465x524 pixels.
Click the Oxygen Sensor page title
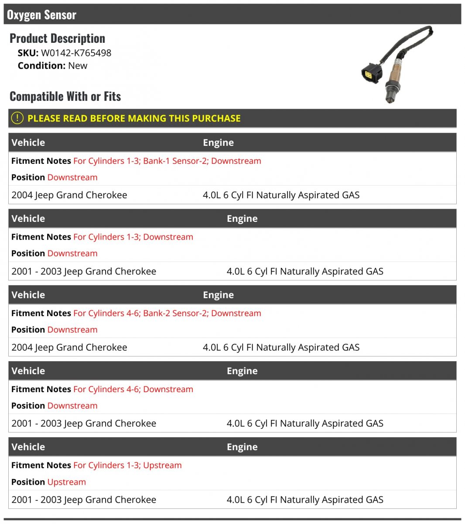tap(41, 15)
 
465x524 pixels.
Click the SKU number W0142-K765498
tap(76, 53)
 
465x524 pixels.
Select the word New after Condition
tap(78, 65)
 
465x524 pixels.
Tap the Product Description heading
tap(57, 38)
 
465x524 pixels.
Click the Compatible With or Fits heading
tap(65, 96)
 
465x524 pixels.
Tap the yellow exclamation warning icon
tap(17, 118)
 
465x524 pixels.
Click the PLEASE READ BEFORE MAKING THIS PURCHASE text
tap(134, 118)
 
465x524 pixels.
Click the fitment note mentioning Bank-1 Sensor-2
tap(167, 161)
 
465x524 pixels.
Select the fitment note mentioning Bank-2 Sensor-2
tap(167, 313)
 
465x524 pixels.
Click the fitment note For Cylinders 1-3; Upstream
tap(127, 465)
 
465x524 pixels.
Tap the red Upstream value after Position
tap(67, 482)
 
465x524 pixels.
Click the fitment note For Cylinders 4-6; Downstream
tap(133, 389)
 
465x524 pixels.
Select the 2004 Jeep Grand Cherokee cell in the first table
tap(69, 195)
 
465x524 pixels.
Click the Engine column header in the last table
tap(242, 447)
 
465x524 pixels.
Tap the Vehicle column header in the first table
tap(28, 142)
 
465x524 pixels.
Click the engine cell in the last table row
tap(304, 500)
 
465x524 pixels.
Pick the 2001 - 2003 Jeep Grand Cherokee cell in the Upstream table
tap(84, 500)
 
